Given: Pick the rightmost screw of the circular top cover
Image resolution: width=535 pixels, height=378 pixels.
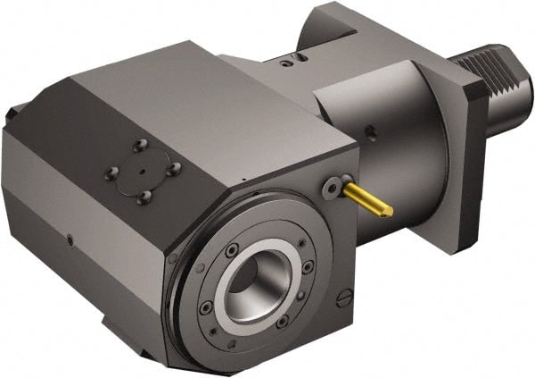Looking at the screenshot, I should [174, 167].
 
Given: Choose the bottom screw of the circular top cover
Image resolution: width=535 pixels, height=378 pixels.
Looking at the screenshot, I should [144, 196].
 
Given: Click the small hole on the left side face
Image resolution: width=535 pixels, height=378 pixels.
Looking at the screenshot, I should [70, 239].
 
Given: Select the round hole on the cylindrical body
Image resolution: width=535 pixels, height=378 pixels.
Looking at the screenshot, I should [370, 134].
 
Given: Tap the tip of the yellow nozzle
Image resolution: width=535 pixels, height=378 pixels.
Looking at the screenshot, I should [386, 212].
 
